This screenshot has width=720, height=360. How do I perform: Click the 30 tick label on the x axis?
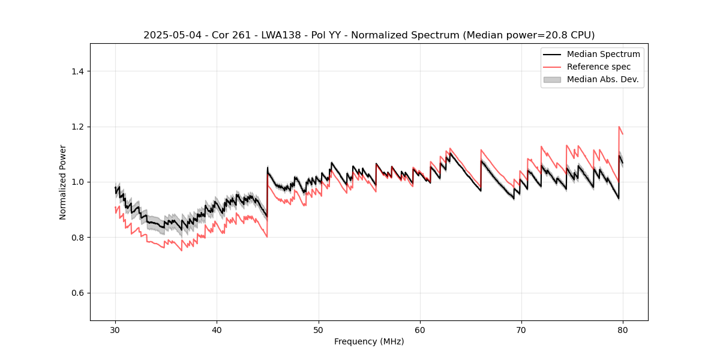tap(116, 330)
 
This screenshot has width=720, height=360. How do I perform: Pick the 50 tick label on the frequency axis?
tap(319, 330)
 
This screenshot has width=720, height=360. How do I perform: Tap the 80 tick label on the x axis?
tap(623, 330)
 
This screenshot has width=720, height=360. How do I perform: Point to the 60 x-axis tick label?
tap(420, 330)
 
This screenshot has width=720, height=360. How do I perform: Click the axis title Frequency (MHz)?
tap(369, 341)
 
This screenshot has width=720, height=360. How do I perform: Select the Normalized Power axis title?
tap(63, 182)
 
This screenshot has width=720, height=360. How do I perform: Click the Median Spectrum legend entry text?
tap(603, 54)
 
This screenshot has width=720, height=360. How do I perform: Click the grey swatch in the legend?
tap(552, 79)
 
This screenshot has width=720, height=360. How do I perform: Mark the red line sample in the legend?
tap(552, 67)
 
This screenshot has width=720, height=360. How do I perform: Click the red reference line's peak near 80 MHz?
tap(619, 127)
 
